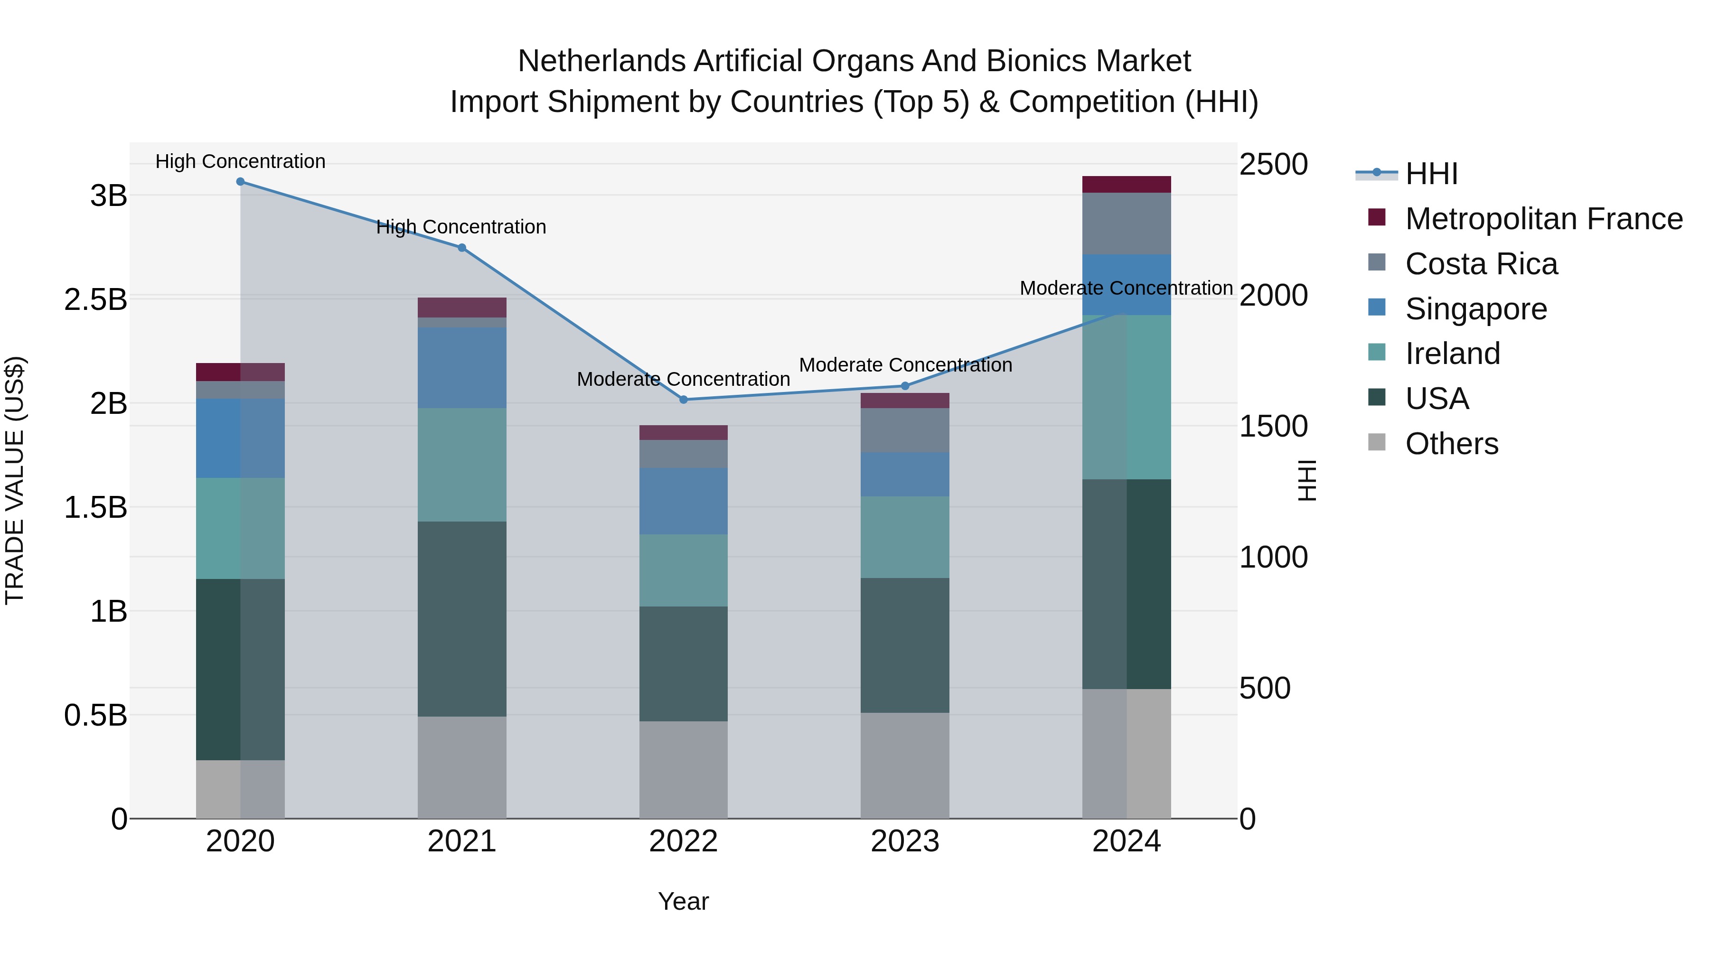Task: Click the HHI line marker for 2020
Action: click(240, 182)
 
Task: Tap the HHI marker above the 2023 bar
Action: click(905, 386)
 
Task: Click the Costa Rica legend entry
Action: click(1481, 264)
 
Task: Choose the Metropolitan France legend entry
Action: click(1543, 219)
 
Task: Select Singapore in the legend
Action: click(1475, 309)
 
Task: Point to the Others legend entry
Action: click(1452, 444)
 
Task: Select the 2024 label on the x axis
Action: click(1127, 841)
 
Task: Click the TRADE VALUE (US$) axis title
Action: click(15, 480)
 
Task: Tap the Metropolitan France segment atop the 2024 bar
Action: click(1127, 185)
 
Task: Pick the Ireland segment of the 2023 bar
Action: click(905, 537)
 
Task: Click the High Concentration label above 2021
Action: click(461, 227)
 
